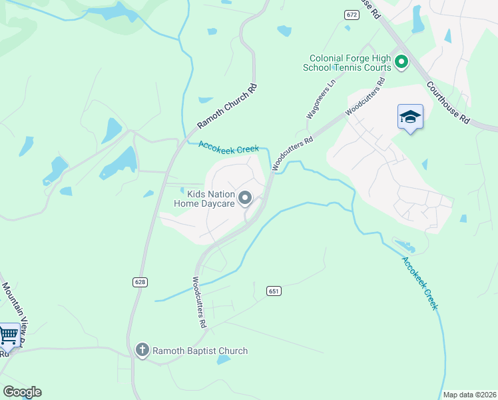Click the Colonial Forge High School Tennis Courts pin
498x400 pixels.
click(x=401, y=63)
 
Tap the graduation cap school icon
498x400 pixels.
click(x=410, y=117)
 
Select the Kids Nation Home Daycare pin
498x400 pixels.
click(x=245, y=198)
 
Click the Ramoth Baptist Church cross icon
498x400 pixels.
click(x=142, y=350)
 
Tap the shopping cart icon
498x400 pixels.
click(x=9, y=335)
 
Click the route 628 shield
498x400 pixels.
click(x=140, y=282)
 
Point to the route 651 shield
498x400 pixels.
click(x=274, y=291)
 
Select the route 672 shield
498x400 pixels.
click(x=352, y=14)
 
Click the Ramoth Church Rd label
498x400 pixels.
click(x=226, y=107)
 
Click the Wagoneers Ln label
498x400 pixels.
click(x=320, y=101)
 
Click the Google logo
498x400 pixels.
click(x=22, y=392)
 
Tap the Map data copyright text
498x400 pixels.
click(x=469, y=395)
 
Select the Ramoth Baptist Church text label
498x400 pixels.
click(x=200, y=351)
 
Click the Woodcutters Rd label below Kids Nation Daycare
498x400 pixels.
click(x=198, y=303)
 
